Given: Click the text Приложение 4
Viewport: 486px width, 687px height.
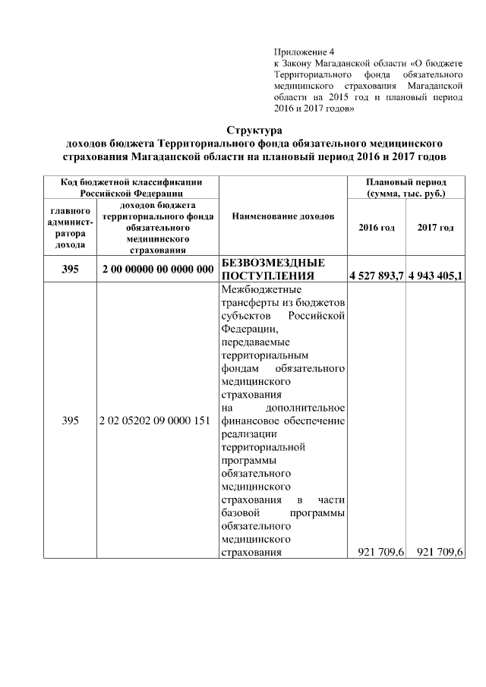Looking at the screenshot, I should tap(299, 52).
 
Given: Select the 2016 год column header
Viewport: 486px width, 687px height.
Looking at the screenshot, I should tap(377, 227).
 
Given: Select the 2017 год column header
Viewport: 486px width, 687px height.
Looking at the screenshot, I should tap(435, 227).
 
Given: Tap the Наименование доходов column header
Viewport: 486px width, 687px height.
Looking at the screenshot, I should tap(283, 216).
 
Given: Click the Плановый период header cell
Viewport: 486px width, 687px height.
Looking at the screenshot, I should tap(406, 188).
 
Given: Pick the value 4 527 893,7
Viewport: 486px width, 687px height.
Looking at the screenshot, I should tap(376, 275).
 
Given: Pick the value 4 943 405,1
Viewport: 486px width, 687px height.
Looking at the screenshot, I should tap(435, 275).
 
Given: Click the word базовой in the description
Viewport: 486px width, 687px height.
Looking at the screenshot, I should tap(238, 512).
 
